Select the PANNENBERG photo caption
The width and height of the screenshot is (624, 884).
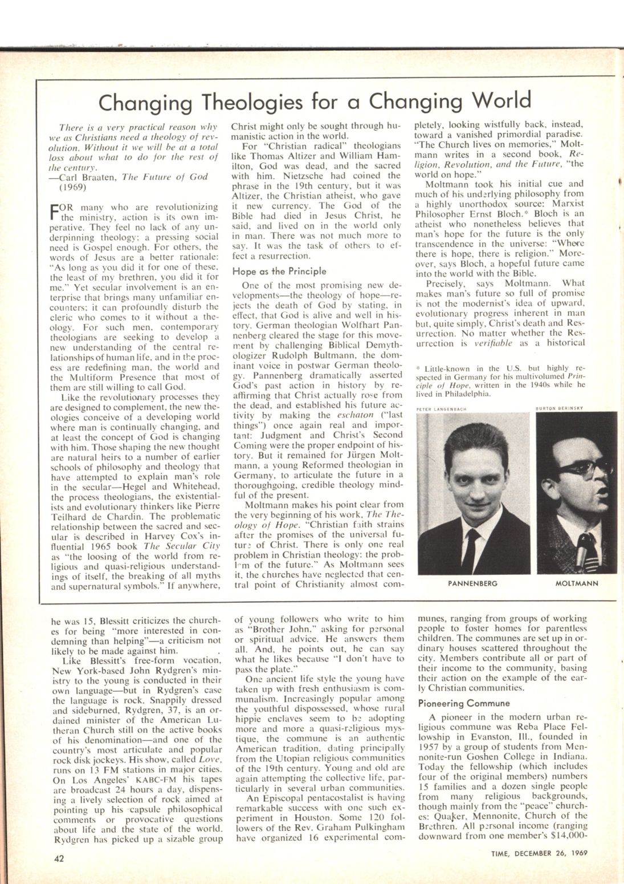tap(472, 583)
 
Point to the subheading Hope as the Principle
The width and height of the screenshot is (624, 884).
tap(279, 271)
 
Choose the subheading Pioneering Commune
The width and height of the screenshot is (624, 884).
tap(460, 703)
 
